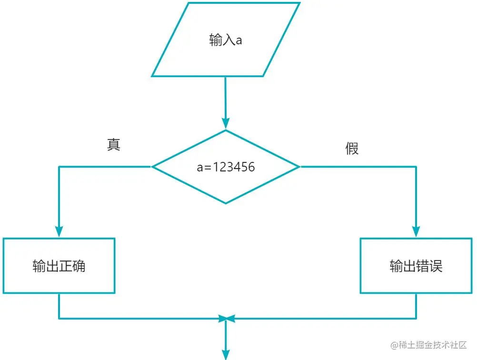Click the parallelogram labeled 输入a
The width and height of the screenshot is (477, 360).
click(x=226, y=40)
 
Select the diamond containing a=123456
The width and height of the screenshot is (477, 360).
click(x=226, y=167)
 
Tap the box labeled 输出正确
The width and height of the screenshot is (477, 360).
click(x=59, y=266)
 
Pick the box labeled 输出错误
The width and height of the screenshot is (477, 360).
click(x=416, y=266)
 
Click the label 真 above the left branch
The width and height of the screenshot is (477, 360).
click(x=114, y=145)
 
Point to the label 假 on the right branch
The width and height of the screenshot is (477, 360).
click(x=352, y=149)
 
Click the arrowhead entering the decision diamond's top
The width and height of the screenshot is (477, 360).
click(x=226, y=125)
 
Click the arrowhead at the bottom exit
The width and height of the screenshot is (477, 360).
click(x=226, y=355)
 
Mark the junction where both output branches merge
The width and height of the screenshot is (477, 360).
click(x=226, y=318)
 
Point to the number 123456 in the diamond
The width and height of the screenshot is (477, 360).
click(x=234, y=167)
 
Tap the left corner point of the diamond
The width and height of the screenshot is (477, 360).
click(x=152, y=167)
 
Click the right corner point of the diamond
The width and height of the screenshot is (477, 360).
click(x=299, y=167)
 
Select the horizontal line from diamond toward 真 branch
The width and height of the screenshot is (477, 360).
click(x=105, y=167)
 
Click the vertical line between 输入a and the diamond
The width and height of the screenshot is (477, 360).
click(x=226, y=98)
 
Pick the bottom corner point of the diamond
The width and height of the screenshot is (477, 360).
click(x=226, y=203)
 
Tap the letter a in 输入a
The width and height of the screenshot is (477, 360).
click(x=239, y=40)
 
